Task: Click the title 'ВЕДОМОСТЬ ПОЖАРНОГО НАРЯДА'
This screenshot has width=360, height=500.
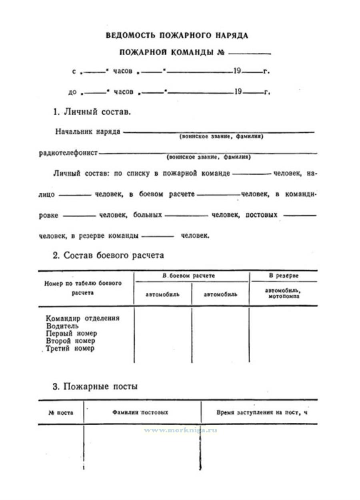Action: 177,36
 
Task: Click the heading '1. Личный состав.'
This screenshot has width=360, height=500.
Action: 92,112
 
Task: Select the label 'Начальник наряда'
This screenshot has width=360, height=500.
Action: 88,132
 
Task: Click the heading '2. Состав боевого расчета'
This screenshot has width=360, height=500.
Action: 108,256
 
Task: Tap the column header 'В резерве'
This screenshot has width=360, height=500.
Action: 283,276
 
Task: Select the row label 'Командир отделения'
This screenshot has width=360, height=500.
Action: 83,318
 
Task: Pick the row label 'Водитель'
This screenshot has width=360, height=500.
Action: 60,326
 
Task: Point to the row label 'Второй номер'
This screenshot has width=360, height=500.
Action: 70,341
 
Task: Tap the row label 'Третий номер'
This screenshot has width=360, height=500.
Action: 70,348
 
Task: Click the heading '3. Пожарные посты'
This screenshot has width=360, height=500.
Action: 95,387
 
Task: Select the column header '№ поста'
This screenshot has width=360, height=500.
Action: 60,412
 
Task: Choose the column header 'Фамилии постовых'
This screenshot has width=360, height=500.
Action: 140,412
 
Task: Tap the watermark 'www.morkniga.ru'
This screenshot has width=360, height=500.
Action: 181,430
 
